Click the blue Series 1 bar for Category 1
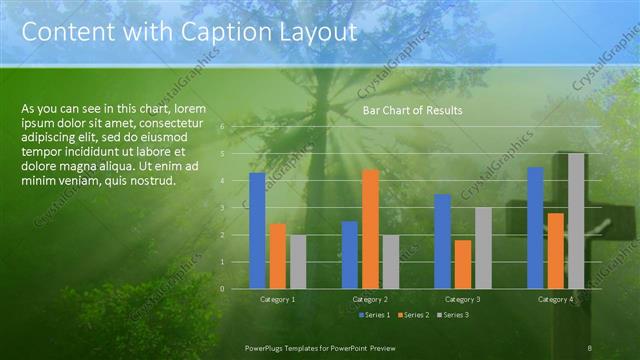[x=257, y=230]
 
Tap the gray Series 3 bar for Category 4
[x=576, y=220]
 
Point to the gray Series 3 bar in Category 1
[x=298, y=262]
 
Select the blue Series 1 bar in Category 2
[x=349, y=254]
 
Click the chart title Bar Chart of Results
[x=412, y=111]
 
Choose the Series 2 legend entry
[x=413, y=315]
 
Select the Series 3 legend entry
[x=453, y=315]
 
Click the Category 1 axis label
[x=277, y=299]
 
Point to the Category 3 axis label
[x=463, y=299]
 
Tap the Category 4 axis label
[x=555, y=299]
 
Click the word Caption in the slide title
[x=217, y=32]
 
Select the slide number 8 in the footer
[x=590, y=347]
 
